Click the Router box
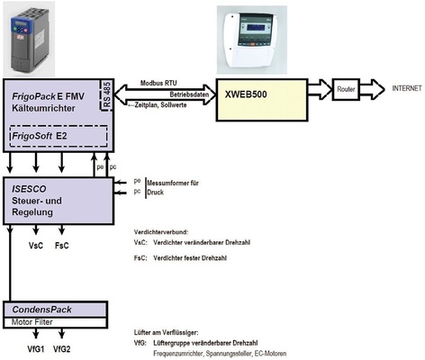click(x=345, y=91)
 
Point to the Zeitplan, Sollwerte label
click(x=162, y=103)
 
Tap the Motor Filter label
click(x=36, y=320)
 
